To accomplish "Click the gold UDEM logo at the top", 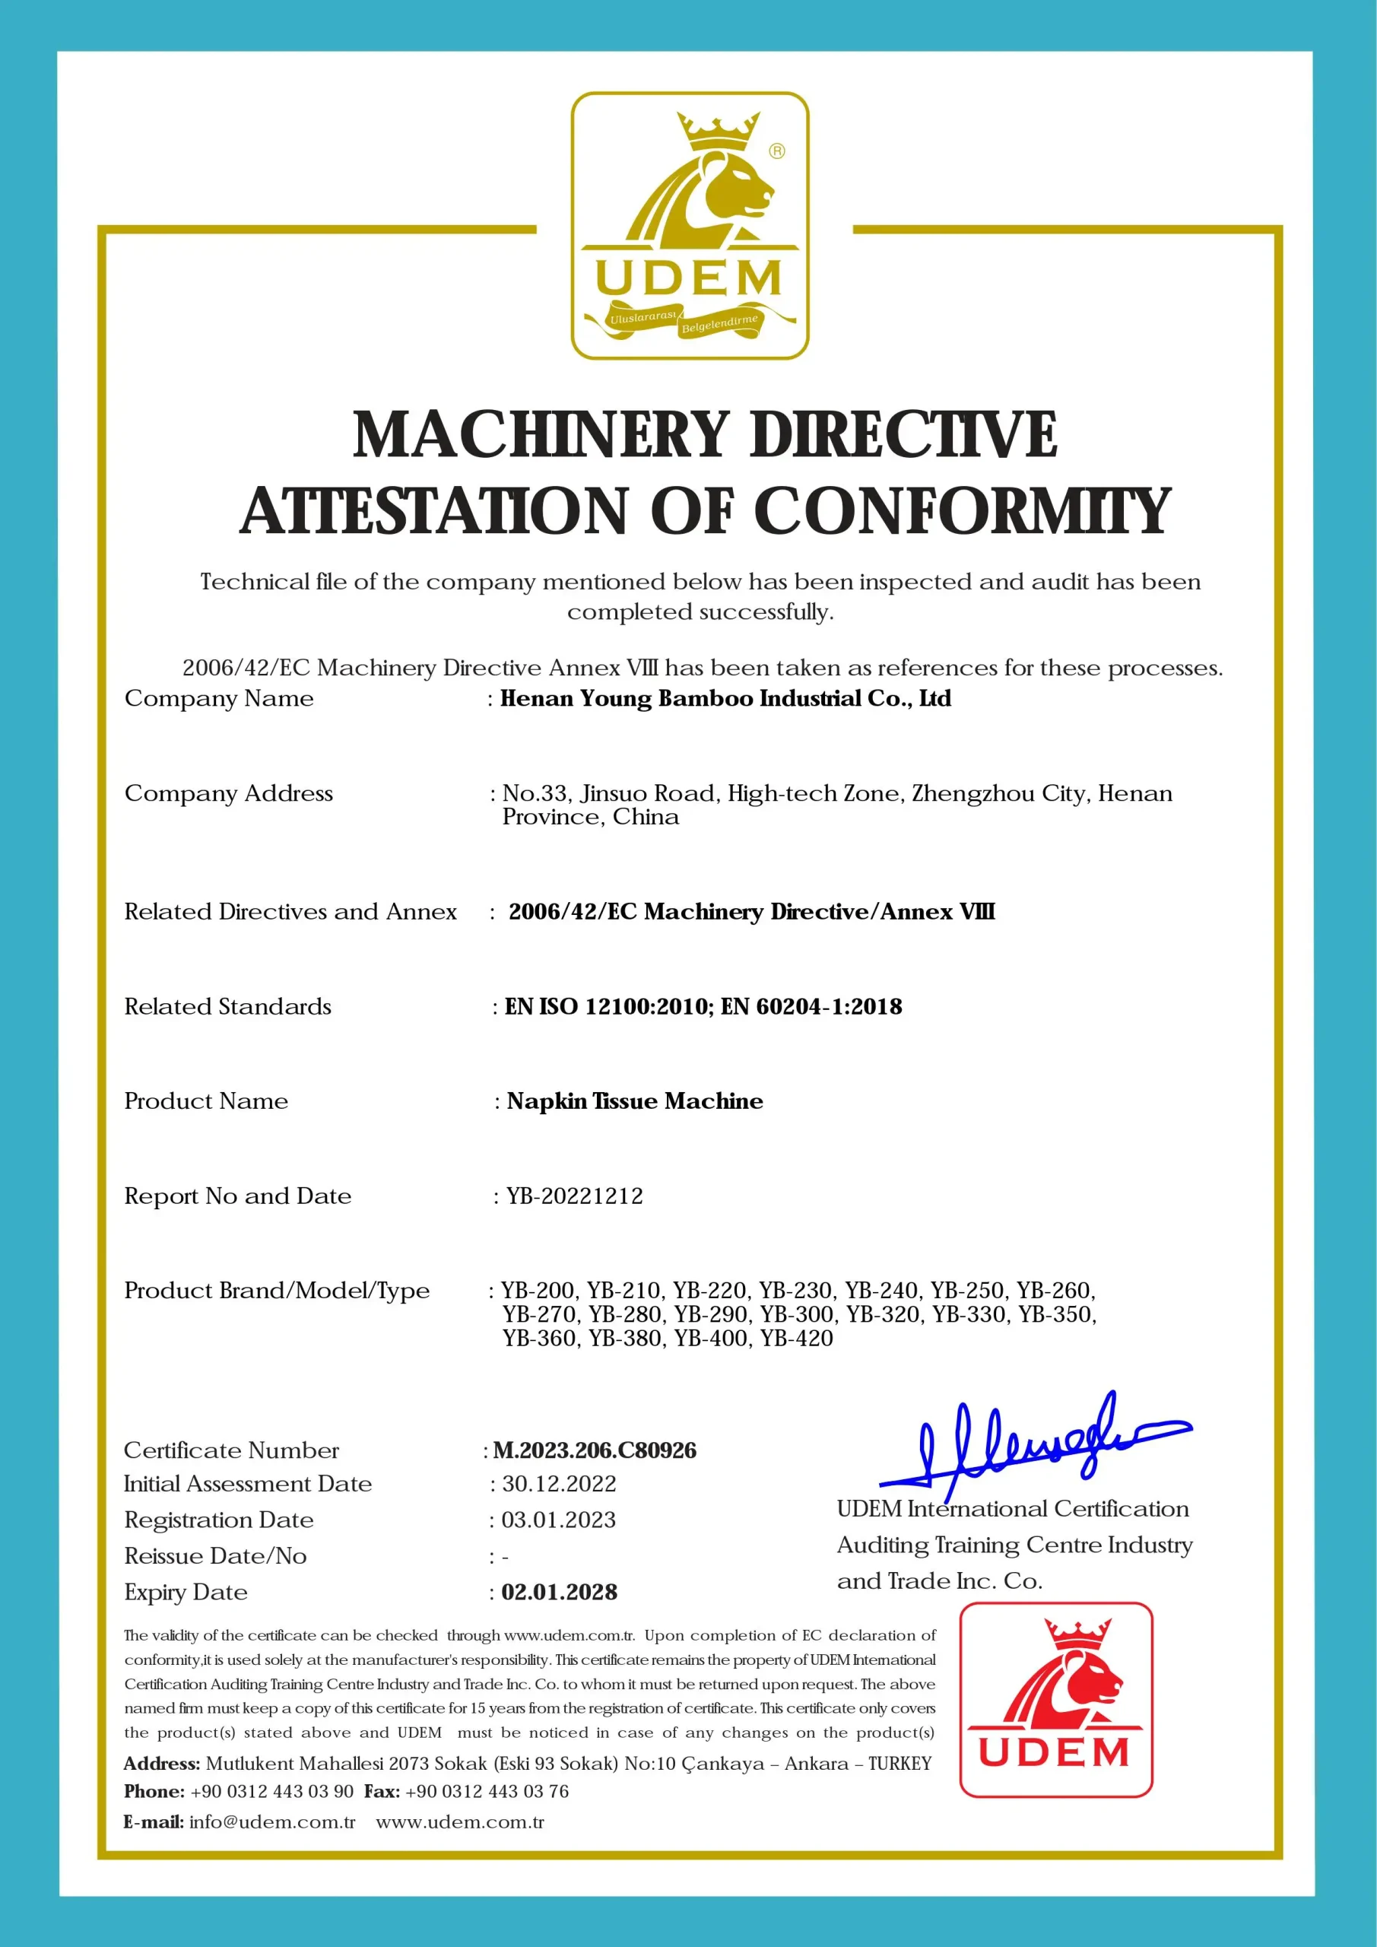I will click(x=690, y=226).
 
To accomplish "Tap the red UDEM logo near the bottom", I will click(x=1055, y=1698).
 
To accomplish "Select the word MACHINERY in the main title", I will click(x=540, y=435).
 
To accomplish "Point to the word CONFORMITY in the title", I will click(x=962, y=511).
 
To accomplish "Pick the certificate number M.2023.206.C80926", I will click(x=595, y=1450).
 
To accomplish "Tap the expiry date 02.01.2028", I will click(x=559, y=1592).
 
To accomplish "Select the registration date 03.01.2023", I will click(x=559, y=1520).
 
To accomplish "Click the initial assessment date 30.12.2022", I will click(x=559, y=1483).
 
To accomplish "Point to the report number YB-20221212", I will click(x=574, y=1196).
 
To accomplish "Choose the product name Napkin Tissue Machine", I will click(x=634, y=1101).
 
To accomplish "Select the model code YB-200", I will click(x=538, y=1291).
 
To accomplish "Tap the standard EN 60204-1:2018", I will click(x=811, y=1006).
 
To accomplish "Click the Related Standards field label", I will click(x=227, y=1006).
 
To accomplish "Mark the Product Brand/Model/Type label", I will click(x=277, y=1291).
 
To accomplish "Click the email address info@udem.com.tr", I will click(x=272, y=1822).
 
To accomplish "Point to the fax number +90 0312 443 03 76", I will click(x=487, y=1791).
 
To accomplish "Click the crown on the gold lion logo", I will click(x=717, y=132).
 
